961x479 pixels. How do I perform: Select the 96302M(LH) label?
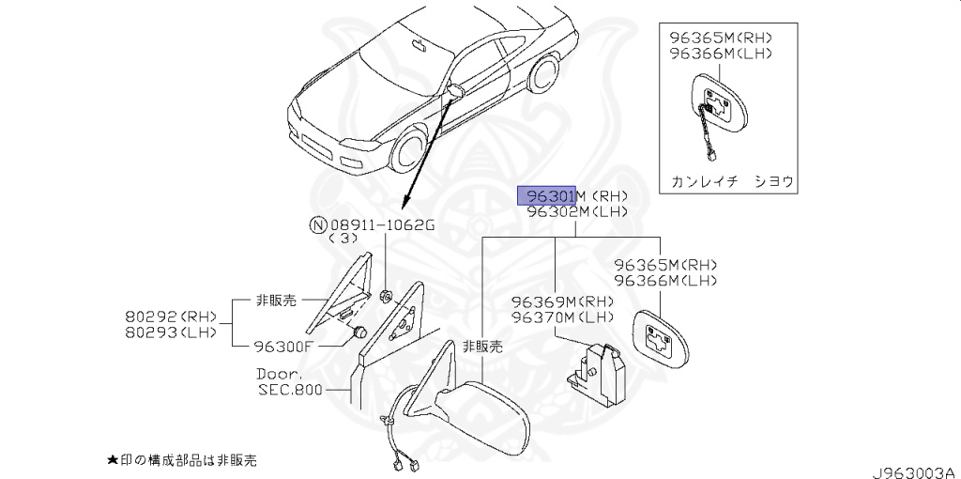tap(576, 212)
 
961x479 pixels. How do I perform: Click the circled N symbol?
tap(317, 225)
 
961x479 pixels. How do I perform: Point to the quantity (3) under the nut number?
tap(343, 239)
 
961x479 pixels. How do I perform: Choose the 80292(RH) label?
tap(171, 317)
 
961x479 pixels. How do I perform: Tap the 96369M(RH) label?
tap(562, 302)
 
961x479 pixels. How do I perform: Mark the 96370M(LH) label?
tap(562, 317)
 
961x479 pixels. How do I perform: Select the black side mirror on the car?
tap(457, 91)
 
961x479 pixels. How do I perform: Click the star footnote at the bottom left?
tap(182, 460)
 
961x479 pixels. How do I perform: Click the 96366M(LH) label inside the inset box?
tap(720, 54)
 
